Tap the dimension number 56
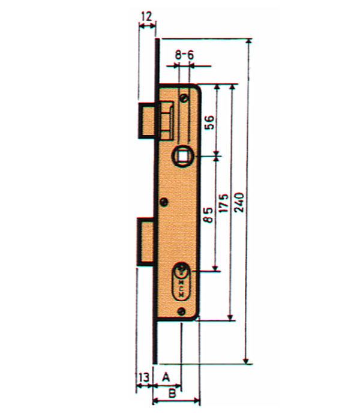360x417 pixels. point(208,122)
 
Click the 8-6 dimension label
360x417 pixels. point(184,55)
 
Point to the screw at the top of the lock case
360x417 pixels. point(183,97)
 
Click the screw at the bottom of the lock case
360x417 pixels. point(182,310)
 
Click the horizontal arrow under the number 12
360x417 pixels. point(147,25)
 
